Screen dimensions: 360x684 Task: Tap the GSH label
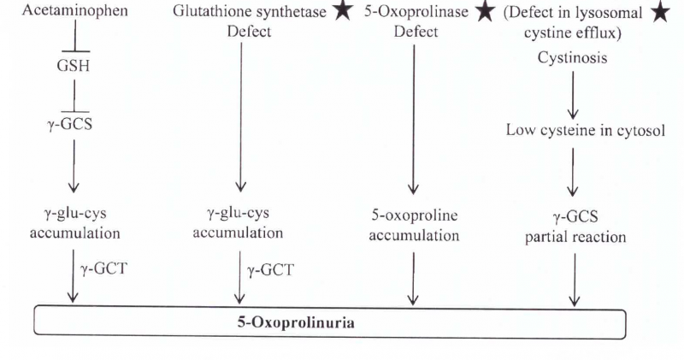(x=74, y=66)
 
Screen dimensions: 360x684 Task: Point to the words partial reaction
(x=575, y=237)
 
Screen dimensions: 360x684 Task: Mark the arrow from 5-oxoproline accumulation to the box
(x=415, y=278)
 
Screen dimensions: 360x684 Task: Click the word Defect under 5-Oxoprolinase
(x=416, y=32)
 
